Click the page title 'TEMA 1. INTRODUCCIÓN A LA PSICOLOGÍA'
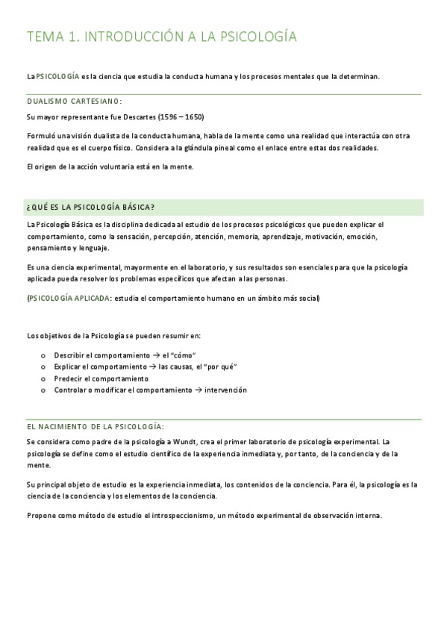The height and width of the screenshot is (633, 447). [x=161, y=37]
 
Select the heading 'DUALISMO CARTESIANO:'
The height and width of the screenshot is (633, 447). [x=75, y=101]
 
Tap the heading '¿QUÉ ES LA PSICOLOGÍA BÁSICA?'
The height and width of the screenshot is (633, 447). [x=90, y=207]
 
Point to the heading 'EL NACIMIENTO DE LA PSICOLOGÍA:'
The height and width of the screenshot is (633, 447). [x=95, y=425]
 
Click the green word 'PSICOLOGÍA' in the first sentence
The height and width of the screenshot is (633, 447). [x=57, y=76]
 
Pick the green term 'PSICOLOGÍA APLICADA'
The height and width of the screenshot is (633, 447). [x=69, y=299]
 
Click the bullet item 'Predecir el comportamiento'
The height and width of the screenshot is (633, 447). [x=101, y=378]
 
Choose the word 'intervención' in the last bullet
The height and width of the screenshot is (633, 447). [x=225, y=390]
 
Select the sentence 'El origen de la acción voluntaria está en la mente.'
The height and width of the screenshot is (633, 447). [x=110, y=166]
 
